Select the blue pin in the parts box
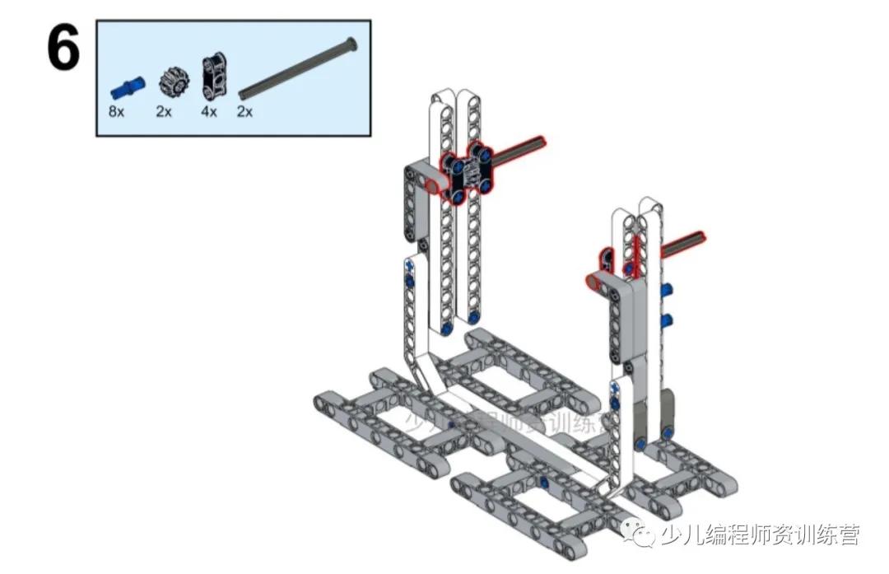point(126,85)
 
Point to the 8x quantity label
point(116,111)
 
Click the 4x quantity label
point(209,111)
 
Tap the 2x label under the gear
point(164,111)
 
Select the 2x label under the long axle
point(244,111)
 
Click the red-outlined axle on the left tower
point(519,148)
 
